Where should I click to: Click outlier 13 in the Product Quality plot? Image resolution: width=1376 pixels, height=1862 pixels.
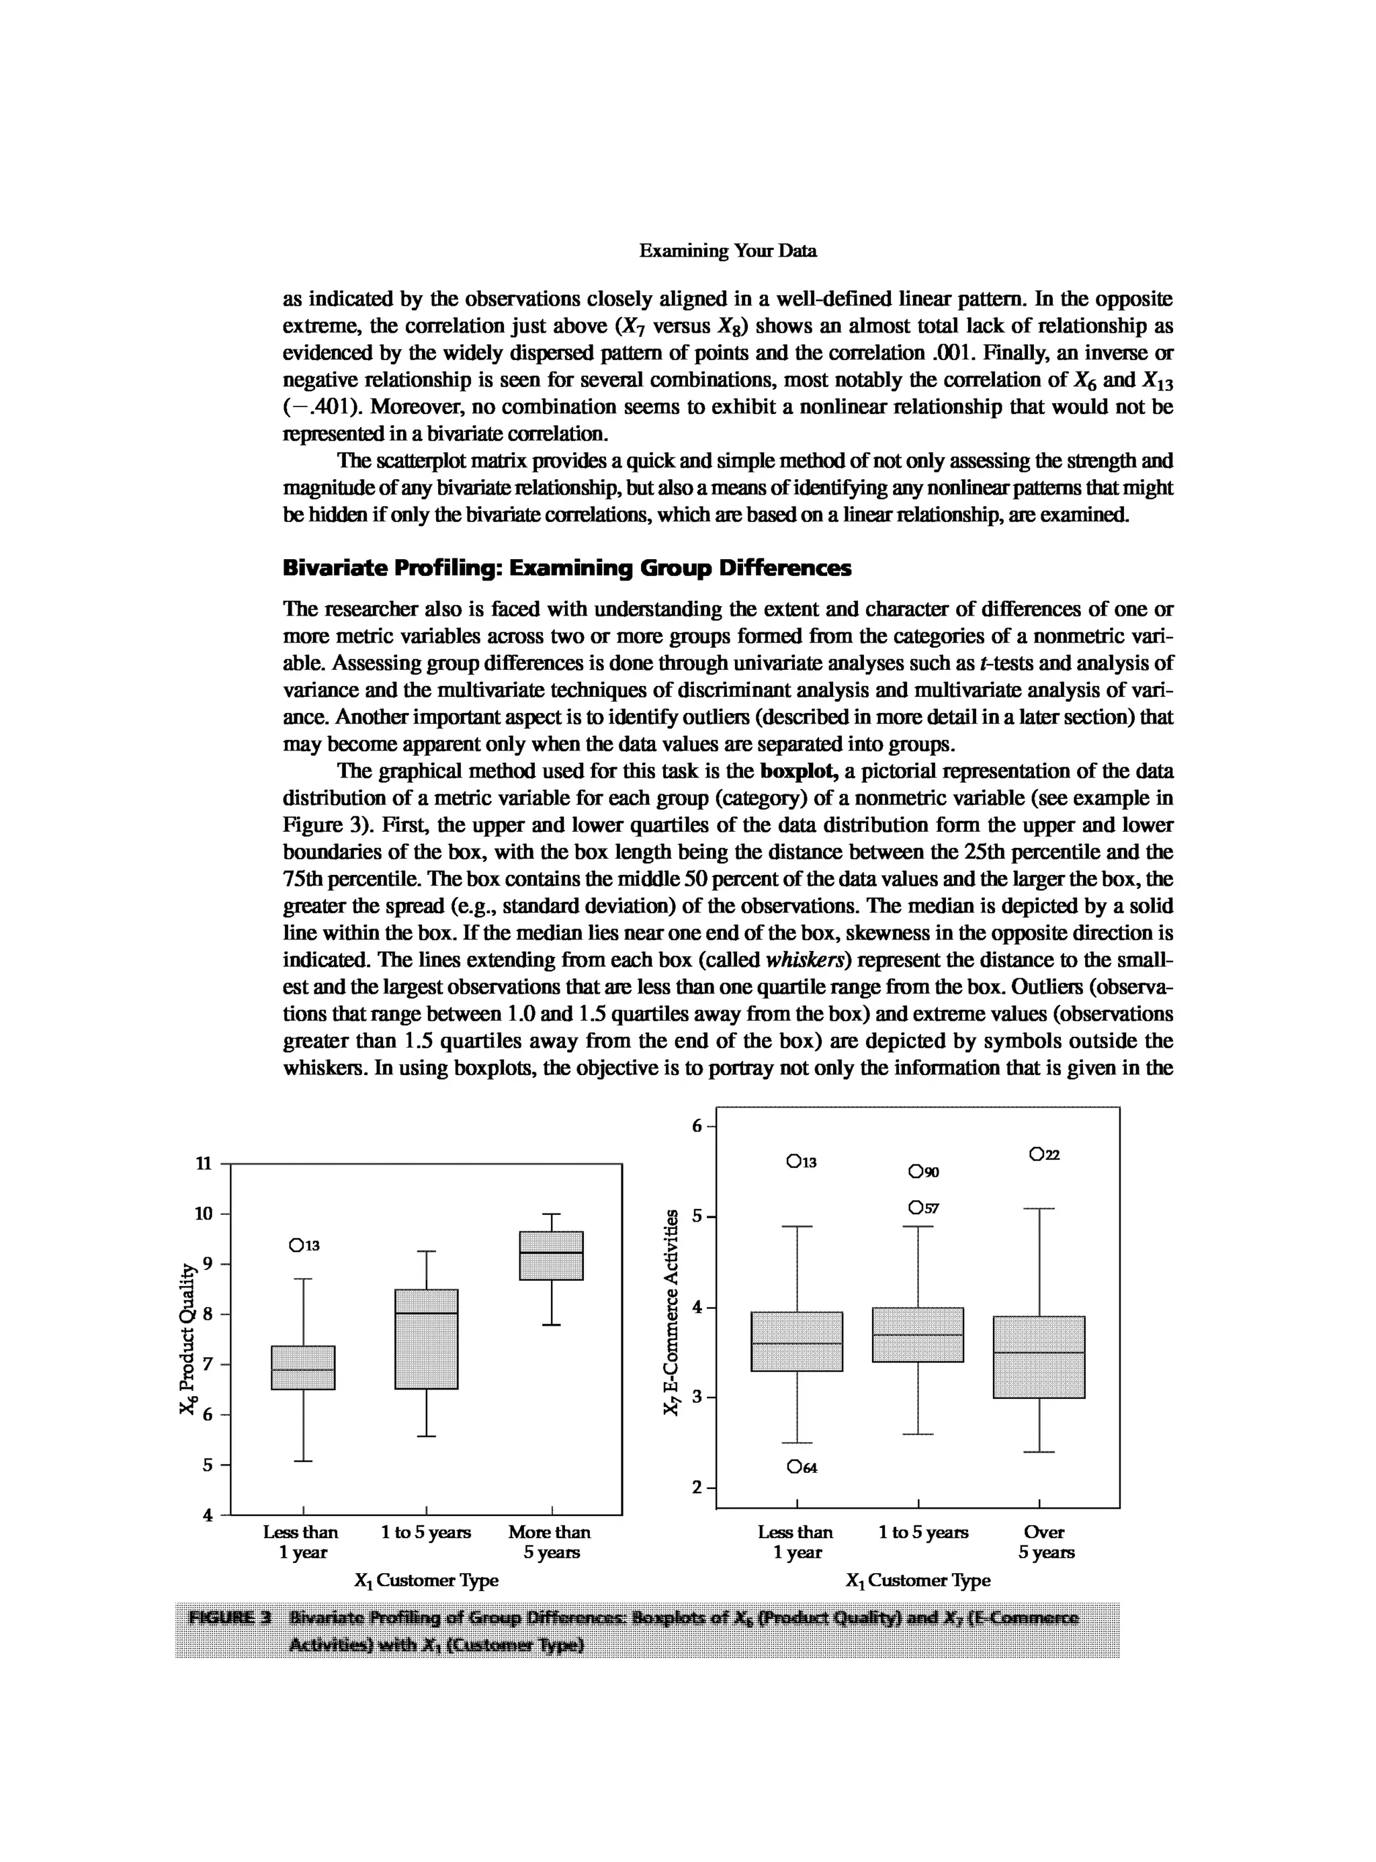coord(296,1246)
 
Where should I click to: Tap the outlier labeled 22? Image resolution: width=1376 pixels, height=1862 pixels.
coord(1036,1154)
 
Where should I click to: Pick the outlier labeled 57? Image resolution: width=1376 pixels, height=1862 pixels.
coord(916,1208)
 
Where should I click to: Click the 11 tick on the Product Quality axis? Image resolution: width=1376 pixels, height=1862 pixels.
coord(203,1164)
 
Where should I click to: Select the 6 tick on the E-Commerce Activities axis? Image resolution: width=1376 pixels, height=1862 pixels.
coord(697,1126)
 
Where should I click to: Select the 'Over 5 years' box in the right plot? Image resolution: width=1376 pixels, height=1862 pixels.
coord(1039,1357)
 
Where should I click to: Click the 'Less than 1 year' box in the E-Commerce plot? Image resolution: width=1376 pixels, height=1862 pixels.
coord(796,1341)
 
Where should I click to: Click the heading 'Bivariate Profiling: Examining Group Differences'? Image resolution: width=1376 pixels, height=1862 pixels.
coord(566,568)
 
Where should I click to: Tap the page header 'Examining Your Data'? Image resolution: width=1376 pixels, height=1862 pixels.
coord(727,251)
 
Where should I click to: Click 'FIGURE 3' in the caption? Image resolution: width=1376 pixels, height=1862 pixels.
coord(230,1618)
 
